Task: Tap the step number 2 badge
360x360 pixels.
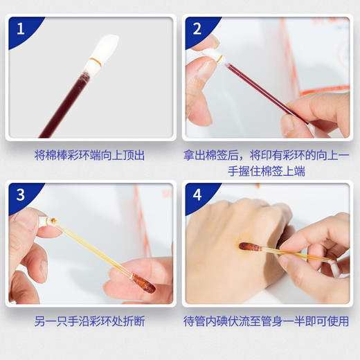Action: pos(197,30)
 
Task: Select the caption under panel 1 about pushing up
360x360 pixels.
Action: pos(90,156)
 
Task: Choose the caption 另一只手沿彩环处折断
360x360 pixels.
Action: pos(90,322)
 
